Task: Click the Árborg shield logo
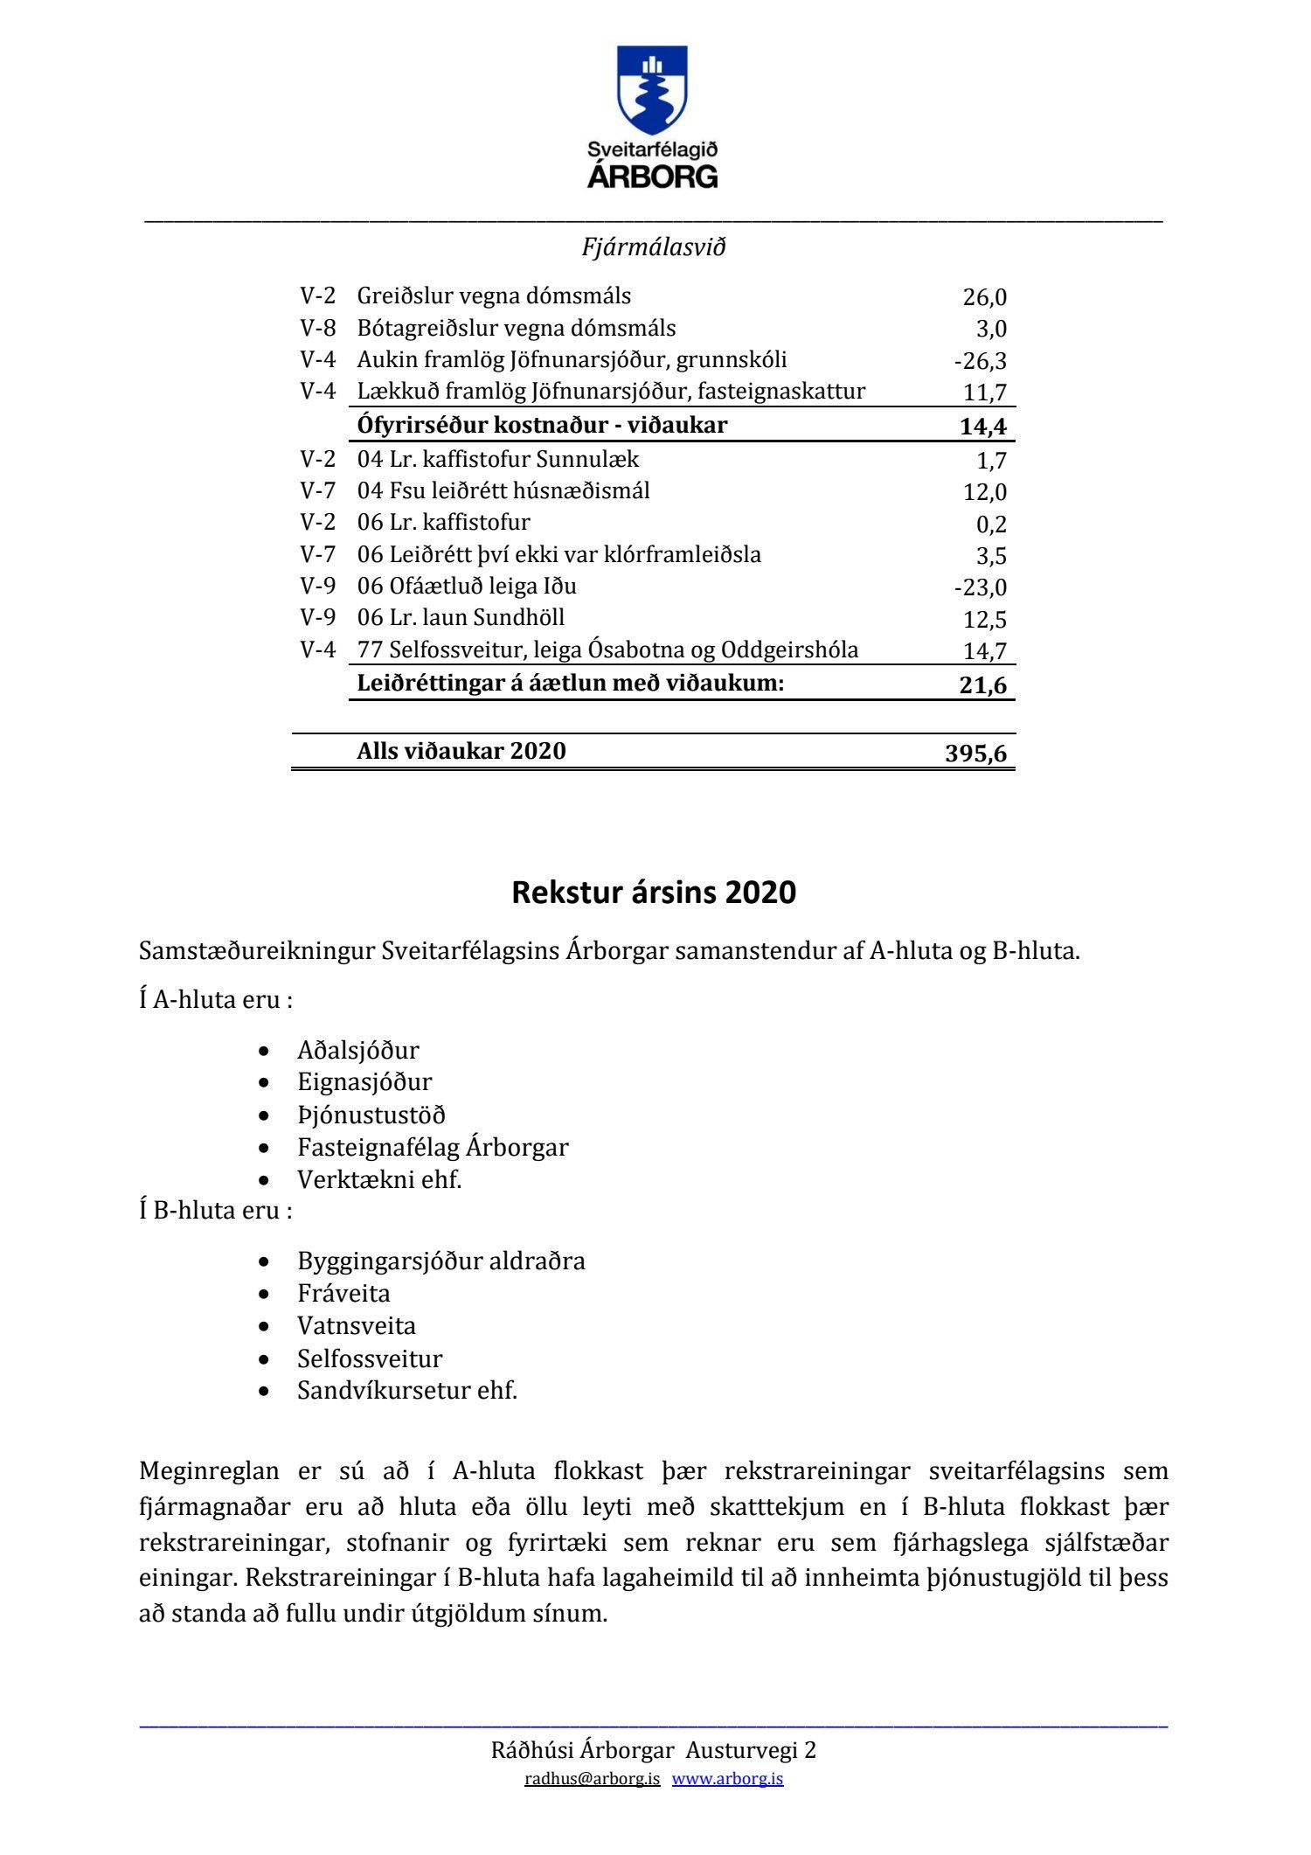point(652,91)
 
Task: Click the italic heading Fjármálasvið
point(654,247)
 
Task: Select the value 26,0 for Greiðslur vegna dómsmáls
point(984,297)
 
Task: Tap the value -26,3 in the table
point(980,361)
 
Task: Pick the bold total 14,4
point(982,427)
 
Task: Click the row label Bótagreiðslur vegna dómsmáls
point(516,328)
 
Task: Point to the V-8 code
point(317,328)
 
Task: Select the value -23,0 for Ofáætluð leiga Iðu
point(980,587)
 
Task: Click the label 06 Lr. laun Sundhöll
point(461,618)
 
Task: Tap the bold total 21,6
point(982,684)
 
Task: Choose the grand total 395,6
point(975,753)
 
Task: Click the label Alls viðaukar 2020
point(461,751)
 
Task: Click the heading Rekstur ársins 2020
point(654,893)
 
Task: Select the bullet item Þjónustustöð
point(371,1115)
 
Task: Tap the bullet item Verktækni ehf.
point(379,1180)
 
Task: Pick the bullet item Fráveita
point(343,1294)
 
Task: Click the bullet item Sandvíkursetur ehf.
point(407,1391)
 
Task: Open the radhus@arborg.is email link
point(592,1779)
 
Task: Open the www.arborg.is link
point(727,1779)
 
